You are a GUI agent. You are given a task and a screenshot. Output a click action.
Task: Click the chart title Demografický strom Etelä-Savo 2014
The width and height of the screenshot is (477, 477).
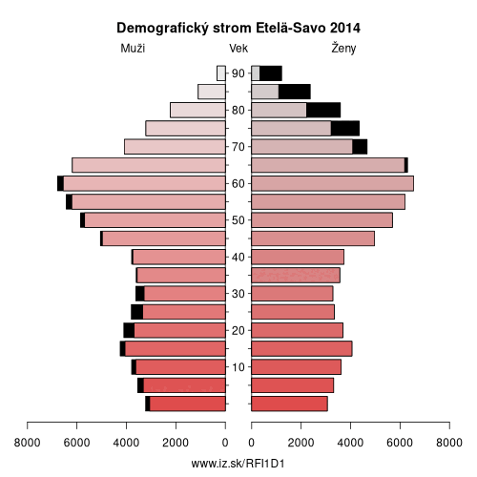[238, 28]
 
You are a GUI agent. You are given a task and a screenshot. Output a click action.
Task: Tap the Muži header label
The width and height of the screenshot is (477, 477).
[133, 49]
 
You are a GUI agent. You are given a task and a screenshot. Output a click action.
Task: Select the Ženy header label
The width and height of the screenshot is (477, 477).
[343, 48]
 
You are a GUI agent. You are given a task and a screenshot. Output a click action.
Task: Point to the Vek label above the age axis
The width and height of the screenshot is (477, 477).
[238, 49]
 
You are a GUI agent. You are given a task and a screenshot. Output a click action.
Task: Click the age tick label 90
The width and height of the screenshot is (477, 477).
[238, 73]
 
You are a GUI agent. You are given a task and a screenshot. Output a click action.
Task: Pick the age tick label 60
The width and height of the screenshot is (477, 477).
[238, 184]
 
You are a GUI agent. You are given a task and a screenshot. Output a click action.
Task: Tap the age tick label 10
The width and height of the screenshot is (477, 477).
[238, 367]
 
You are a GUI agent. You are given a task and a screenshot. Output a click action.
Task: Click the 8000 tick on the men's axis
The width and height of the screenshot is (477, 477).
[27, 443]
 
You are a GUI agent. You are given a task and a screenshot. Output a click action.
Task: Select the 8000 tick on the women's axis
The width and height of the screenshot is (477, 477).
[449, 443]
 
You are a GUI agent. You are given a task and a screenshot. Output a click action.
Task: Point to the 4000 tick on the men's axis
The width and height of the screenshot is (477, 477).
[126, 443]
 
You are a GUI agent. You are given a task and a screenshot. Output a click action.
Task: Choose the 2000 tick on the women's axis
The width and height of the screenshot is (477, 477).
[301, 443]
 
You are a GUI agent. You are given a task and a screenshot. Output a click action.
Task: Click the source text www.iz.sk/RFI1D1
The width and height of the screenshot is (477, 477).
[238, 464]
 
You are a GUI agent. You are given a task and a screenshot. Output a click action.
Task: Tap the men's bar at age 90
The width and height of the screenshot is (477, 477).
[221, 73]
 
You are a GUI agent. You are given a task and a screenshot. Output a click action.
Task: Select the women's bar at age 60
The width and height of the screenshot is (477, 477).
[333, 183]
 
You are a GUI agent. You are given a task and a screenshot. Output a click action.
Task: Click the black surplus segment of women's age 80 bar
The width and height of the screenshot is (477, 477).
[323, 110]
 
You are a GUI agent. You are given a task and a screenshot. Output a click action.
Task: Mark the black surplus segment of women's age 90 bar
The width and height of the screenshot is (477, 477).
[271, 73]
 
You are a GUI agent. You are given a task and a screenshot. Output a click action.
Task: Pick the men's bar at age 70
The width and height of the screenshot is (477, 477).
[175, 147]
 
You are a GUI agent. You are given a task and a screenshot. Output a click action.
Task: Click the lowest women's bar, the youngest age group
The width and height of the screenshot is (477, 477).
[289, 404]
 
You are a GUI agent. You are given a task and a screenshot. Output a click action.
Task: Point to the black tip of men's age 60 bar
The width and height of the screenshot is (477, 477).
[60, 183]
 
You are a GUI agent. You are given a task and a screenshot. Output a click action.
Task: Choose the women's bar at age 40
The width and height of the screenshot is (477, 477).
[298, 257]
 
